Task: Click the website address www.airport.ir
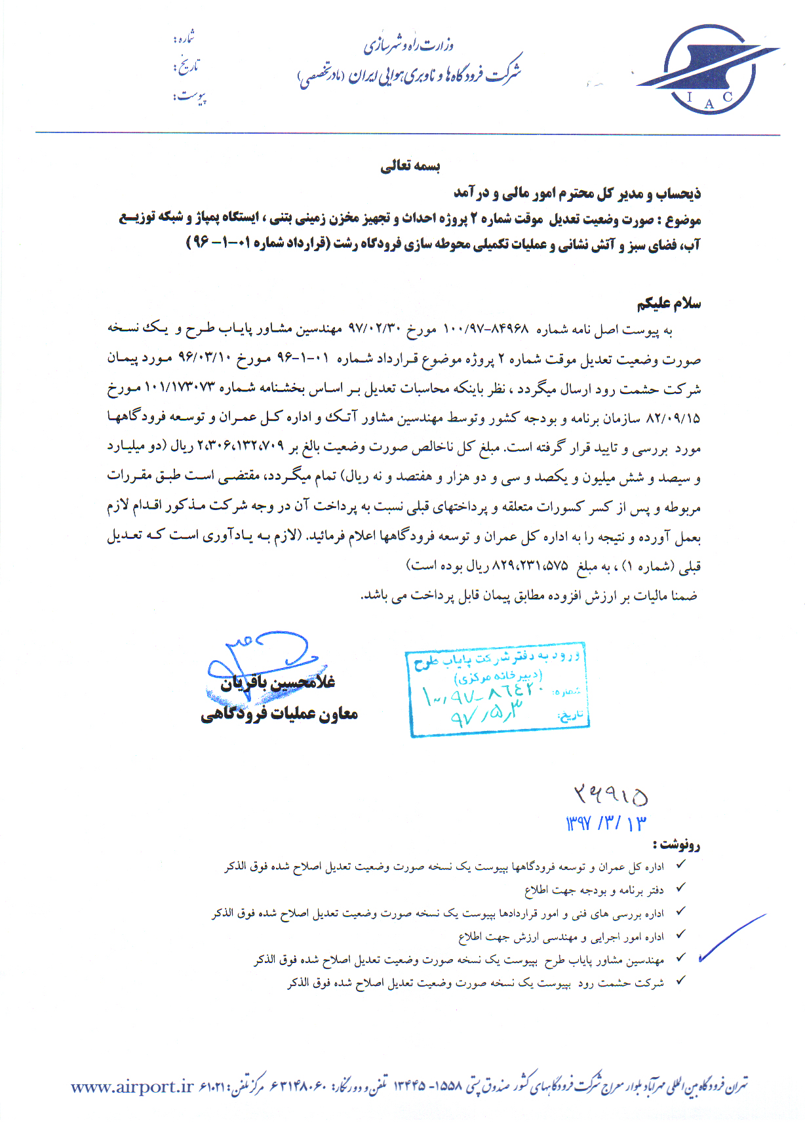[x=132, y=1087]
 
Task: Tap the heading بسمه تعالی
[x=410, y=166]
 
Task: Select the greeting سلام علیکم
[x=669, y=304]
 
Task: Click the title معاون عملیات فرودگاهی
[x=279, y=714]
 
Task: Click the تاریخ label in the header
[x=186, y=67]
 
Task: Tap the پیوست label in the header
[x=190, y=96]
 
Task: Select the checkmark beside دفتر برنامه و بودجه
[x=681, y=888]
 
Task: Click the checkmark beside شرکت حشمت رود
[x=681, y=981]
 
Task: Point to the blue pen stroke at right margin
[x=731, y=937]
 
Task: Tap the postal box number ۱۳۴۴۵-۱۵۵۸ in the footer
[x=429, y=1086]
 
